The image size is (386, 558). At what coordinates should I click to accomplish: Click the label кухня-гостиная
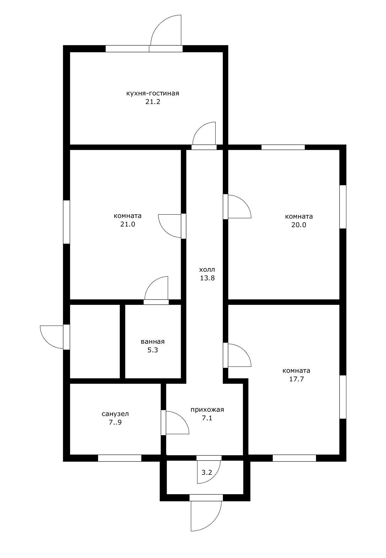pyautogui.click(x=153, y=93)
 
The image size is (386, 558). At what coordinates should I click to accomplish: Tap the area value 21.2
pyautogui.click(x=153, y=102)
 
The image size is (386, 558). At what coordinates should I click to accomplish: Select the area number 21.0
pyautogui.click(x=127, y=224)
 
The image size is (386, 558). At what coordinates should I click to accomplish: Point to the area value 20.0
pyautogui.click(x=298, y=225)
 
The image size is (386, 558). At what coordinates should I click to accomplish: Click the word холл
pyautogui.click(x=207, y=269)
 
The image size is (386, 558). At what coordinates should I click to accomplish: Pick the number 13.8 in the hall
pyautogui.click(x=207, y=278)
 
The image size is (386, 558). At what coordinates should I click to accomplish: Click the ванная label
pyautogui.click(x=153, y=341)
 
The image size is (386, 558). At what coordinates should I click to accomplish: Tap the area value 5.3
pyautogui.click(x=153, y=350)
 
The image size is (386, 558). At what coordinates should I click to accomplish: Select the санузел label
pyautogui.click(x=115, y=414)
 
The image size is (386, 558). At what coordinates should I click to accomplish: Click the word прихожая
pyautogui.click(x=207, y=409)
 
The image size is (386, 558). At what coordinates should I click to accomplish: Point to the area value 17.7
pyautogui.click(x=296, y=379)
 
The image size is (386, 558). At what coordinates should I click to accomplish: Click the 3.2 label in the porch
pyautogui.click(x=207, y=472)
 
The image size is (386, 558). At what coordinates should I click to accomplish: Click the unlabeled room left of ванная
pyautogui.click(x=94, y=341)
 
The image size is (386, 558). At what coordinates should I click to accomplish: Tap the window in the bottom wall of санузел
pyautogui.click(x=119, y=458)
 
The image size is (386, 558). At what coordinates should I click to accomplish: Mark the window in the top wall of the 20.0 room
pyautogui.click(x=283, y=147)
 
